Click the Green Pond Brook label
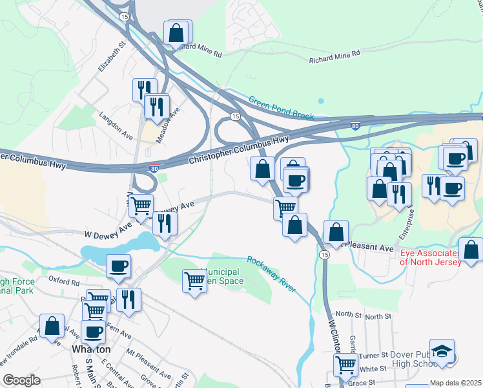[282, 108]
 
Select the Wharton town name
[90, 349]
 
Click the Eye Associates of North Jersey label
[431, 257]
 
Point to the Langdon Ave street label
[116, 124]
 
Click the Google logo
[21, 380]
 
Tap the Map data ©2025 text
[455, 383]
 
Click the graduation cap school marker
[442, 350]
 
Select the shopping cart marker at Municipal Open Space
[194, 281]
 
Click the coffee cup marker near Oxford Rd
[118, 266]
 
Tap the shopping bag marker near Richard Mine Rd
[176, 32]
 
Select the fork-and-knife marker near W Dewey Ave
[165, 222]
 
